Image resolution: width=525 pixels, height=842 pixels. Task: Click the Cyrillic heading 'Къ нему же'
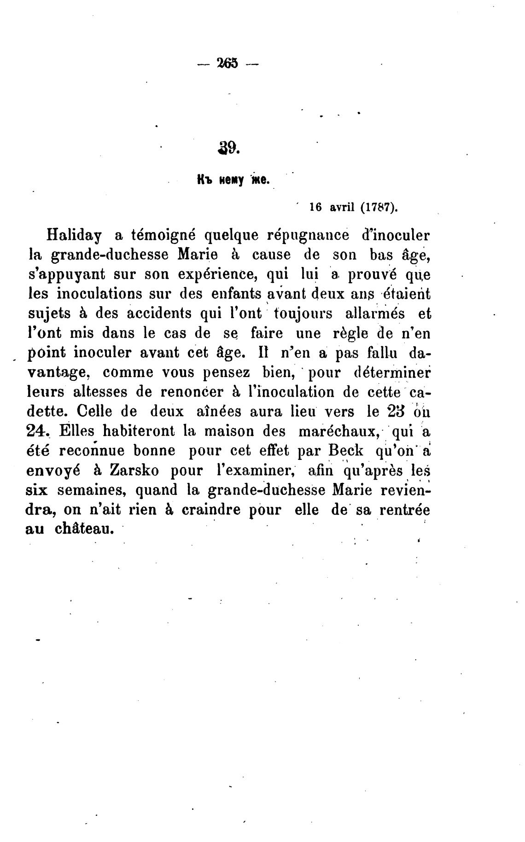coord(232,180)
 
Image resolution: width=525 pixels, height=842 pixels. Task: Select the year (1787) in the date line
coord(378,208)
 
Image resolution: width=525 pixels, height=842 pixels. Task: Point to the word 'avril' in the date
coord(342,208)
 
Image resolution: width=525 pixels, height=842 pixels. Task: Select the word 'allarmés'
coord(375,314)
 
